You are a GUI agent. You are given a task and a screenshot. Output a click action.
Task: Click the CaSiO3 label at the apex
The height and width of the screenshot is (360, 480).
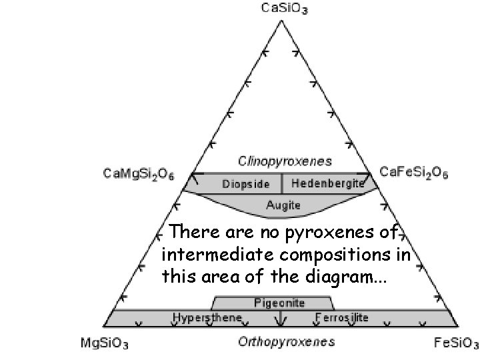(280, 9)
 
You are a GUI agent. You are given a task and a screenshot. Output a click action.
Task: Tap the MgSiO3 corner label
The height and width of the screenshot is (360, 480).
(105, 344)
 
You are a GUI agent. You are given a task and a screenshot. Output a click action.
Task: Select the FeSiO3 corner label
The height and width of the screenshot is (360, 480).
(457, 344)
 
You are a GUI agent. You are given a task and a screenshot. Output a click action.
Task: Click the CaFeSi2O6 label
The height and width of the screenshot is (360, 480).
(413, 173)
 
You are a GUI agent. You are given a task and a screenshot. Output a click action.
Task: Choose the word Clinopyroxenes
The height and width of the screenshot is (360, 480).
(285, 161)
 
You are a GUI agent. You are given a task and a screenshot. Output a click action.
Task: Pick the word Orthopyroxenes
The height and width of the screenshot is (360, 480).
(287, 343)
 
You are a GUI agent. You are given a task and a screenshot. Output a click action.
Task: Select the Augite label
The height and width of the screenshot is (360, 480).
(283, 205)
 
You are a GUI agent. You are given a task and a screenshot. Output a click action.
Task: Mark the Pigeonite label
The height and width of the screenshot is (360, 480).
(279, 303)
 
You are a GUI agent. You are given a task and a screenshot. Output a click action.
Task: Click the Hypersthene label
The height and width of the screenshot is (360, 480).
(207, 317)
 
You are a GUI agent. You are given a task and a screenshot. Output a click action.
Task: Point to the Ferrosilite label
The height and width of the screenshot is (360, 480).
(341, 317)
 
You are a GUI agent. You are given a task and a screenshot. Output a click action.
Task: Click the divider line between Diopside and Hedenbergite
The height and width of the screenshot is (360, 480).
(282, 183)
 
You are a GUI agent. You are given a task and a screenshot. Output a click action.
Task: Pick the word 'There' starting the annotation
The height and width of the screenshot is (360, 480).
(189, 233)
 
